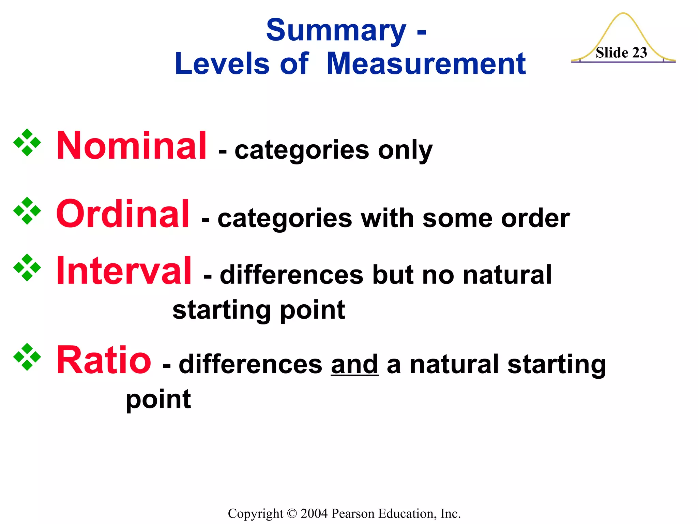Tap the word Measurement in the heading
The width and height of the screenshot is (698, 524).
(x=426, y=64)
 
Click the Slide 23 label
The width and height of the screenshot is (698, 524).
(x=621, y=53)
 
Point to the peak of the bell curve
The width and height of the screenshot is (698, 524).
(x=623, y=14)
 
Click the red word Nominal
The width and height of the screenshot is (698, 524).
(x=131, y=146)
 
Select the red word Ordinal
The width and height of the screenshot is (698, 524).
(x=123, y=214)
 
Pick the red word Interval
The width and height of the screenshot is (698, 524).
(x=124, y=271)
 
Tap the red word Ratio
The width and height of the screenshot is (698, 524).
(x=104, y=360)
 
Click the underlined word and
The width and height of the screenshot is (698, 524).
(x=354, y=364)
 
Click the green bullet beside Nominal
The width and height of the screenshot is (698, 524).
(x=27, y=143)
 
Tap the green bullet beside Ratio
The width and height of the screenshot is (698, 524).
(x=27, y=357)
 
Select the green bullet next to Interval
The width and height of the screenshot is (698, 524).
(x=27, y=267)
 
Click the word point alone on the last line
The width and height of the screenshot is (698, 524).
(x=158, y=400)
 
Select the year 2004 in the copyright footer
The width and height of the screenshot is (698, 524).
(x=314, y=513)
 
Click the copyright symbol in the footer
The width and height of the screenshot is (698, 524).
(x=292, y=514)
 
